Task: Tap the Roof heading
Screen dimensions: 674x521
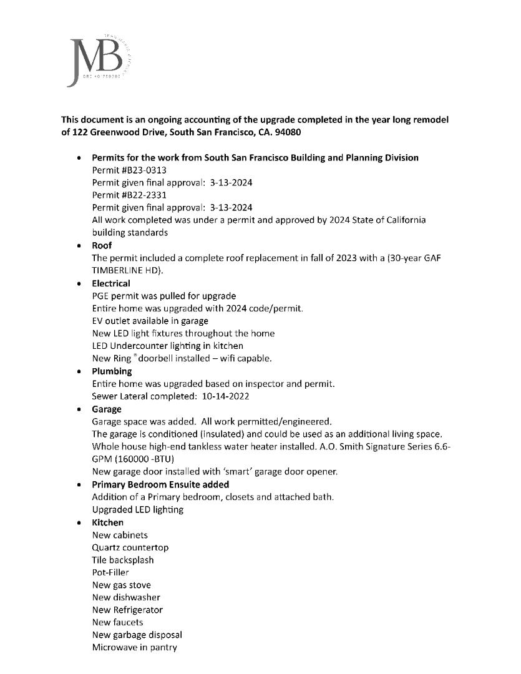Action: coord(102,245)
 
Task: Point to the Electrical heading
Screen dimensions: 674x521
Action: coord(111,283)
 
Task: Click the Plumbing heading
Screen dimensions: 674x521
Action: coord(112,371)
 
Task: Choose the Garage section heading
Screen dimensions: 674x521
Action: coord(107,409)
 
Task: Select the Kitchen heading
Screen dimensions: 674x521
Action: coord(107,522)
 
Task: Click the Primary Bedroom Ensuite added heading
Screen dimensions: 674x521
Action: coord(160,484)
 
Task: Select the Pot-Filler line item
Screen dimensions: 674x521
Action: coord(110,572)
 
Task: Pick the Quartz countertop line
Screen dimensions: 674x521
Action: coord(130,547)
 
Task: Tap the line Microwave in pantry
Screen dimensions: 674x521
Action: coord(134,647)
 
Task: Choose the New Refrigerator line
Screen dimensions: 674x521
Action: coord(127,610)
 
